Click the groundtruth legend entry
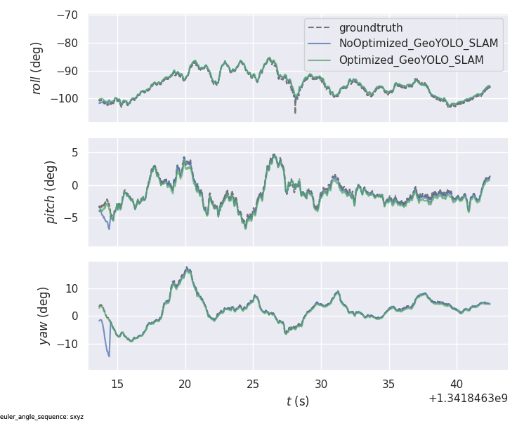pyautogui.click(x=370, y=28)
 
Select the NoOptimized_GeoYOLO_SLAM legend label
pyautogui.click(x=418, y=44)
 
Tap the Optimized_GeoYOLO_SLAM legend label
pyautogui.click(x=411, y=60)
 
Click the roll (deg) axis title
pyautogui.click(x=37, y=67)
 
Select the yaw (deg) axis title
pyautogui.click(x=43, y=316)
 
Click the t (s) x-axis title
pyautogui.click(x=297, y=401)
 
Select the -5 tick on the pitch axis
pyautogui.click(x=70, y=218)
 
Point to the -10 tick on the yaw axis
pyautogui.click(x=67, y=344)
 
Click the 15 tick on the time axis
pyautogui.click(x=117, y=384)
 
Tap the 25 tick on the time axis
pyautogui.click(x=253, y=384)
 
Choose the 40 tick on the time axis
pyautogui.click(x=457, y=384)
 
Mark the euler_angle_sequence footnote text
pyautogui.click(x=42, y=417)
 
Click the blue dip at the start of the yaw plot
pyautogui.click(x=108, y=354)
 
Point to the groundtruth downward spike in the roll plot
pyautogui.click(x=295, y=111)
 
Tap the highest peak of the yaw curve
pyautogui.click(x=187, y=268)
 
